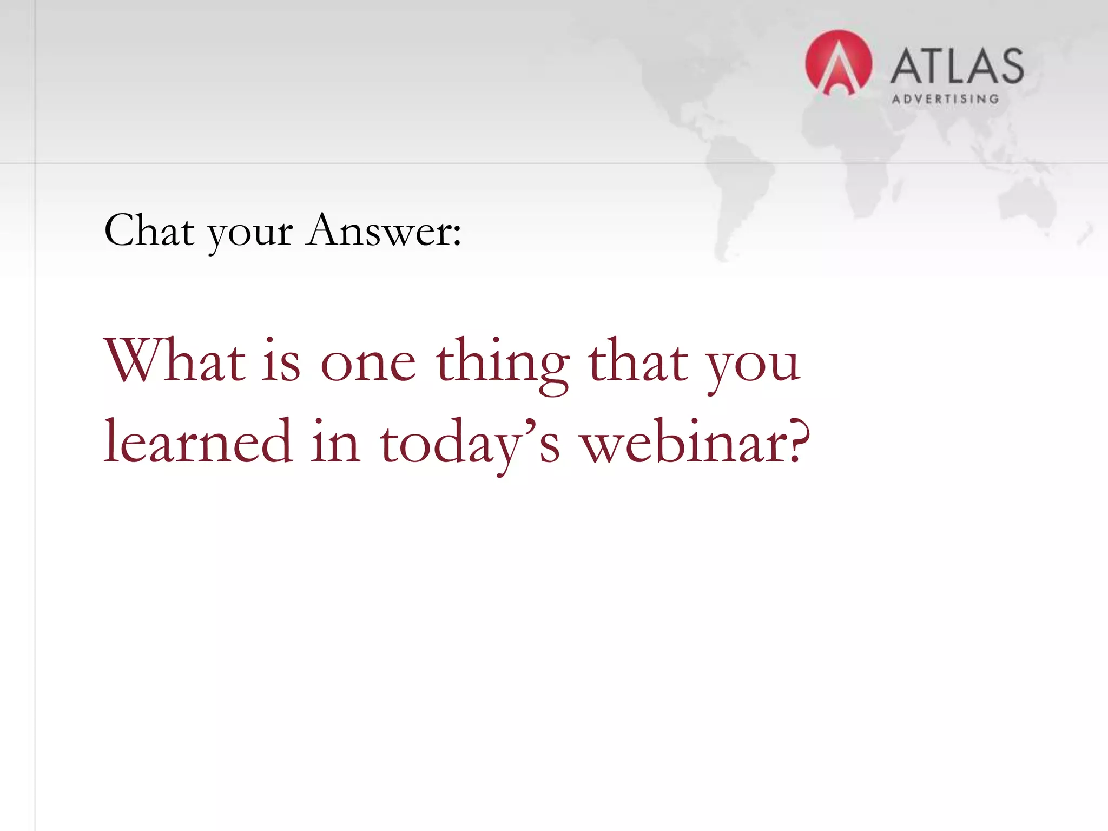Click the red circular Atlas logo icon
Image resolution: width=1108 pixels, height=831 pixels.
(x=838, y=63)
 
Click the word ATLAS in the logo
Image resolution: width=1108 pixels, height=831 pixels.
(x=957, y=66)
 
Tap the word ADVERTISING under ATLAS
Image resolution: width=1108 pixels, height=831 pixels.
(x=945, y=99)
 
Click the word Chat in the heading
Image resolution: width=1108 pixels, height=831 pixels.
(x=149, y=231)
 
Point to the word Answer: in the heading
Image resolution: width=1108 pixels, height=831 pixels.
(x=383, y=231)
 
